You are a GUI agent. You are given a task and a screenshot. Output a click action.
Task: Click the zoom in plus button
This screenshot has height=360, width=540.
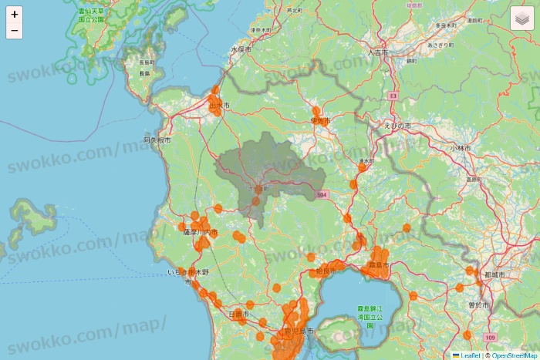click(x=15, y=14)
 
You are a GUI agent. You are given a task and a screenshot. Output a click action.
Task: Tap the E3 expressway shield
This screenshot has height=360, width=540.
click(x=393, y=96)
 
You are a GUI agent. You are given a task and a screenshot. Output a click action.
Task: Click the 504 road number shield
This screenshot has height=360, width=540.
click(x=322, y=195)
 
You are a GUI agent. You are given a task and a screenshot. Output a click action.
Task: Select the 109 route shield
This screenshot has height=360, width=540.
click(x=491, y=338)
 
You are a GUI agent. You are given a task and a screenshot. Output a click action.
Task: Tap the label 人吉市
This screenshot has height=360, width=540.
click(x=378, y=53)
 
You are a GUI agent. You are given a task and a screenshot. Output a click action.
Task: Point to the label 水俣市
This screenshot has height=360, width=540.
click(x=241, y=49)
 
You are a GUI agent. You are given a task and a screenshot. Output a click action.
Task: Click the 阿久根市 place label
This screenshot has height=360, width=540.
click(x=157, y=140)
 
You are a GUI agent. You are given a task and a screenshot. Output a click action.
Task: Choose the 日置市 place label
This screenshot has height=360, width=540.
click(x=239, y=315)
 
